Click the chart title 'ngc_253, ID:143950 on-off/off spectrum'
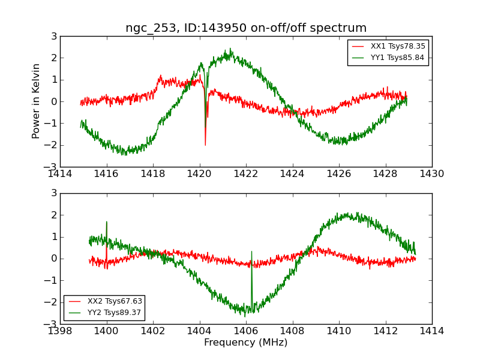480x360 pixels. pos(246,28)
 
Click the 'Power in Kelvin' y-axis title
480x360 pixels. pos(37,101)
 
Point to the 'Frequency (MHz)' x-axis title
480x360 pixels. pos(246,343)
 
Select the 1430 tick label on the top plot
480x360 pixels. pos(432,173)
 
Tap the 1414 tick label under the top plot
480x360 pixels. pos(60,173)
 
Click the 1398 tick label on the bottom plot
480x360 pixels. pos(60,331)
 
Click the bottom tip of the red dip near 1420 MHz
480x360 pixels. pos(205,145)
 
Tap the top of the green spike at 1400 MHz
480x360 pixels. pos(107,221)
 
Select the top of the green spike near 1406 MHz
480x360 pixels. pos(251,251)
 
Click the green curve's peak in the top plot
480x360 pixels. pos(230,49)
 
